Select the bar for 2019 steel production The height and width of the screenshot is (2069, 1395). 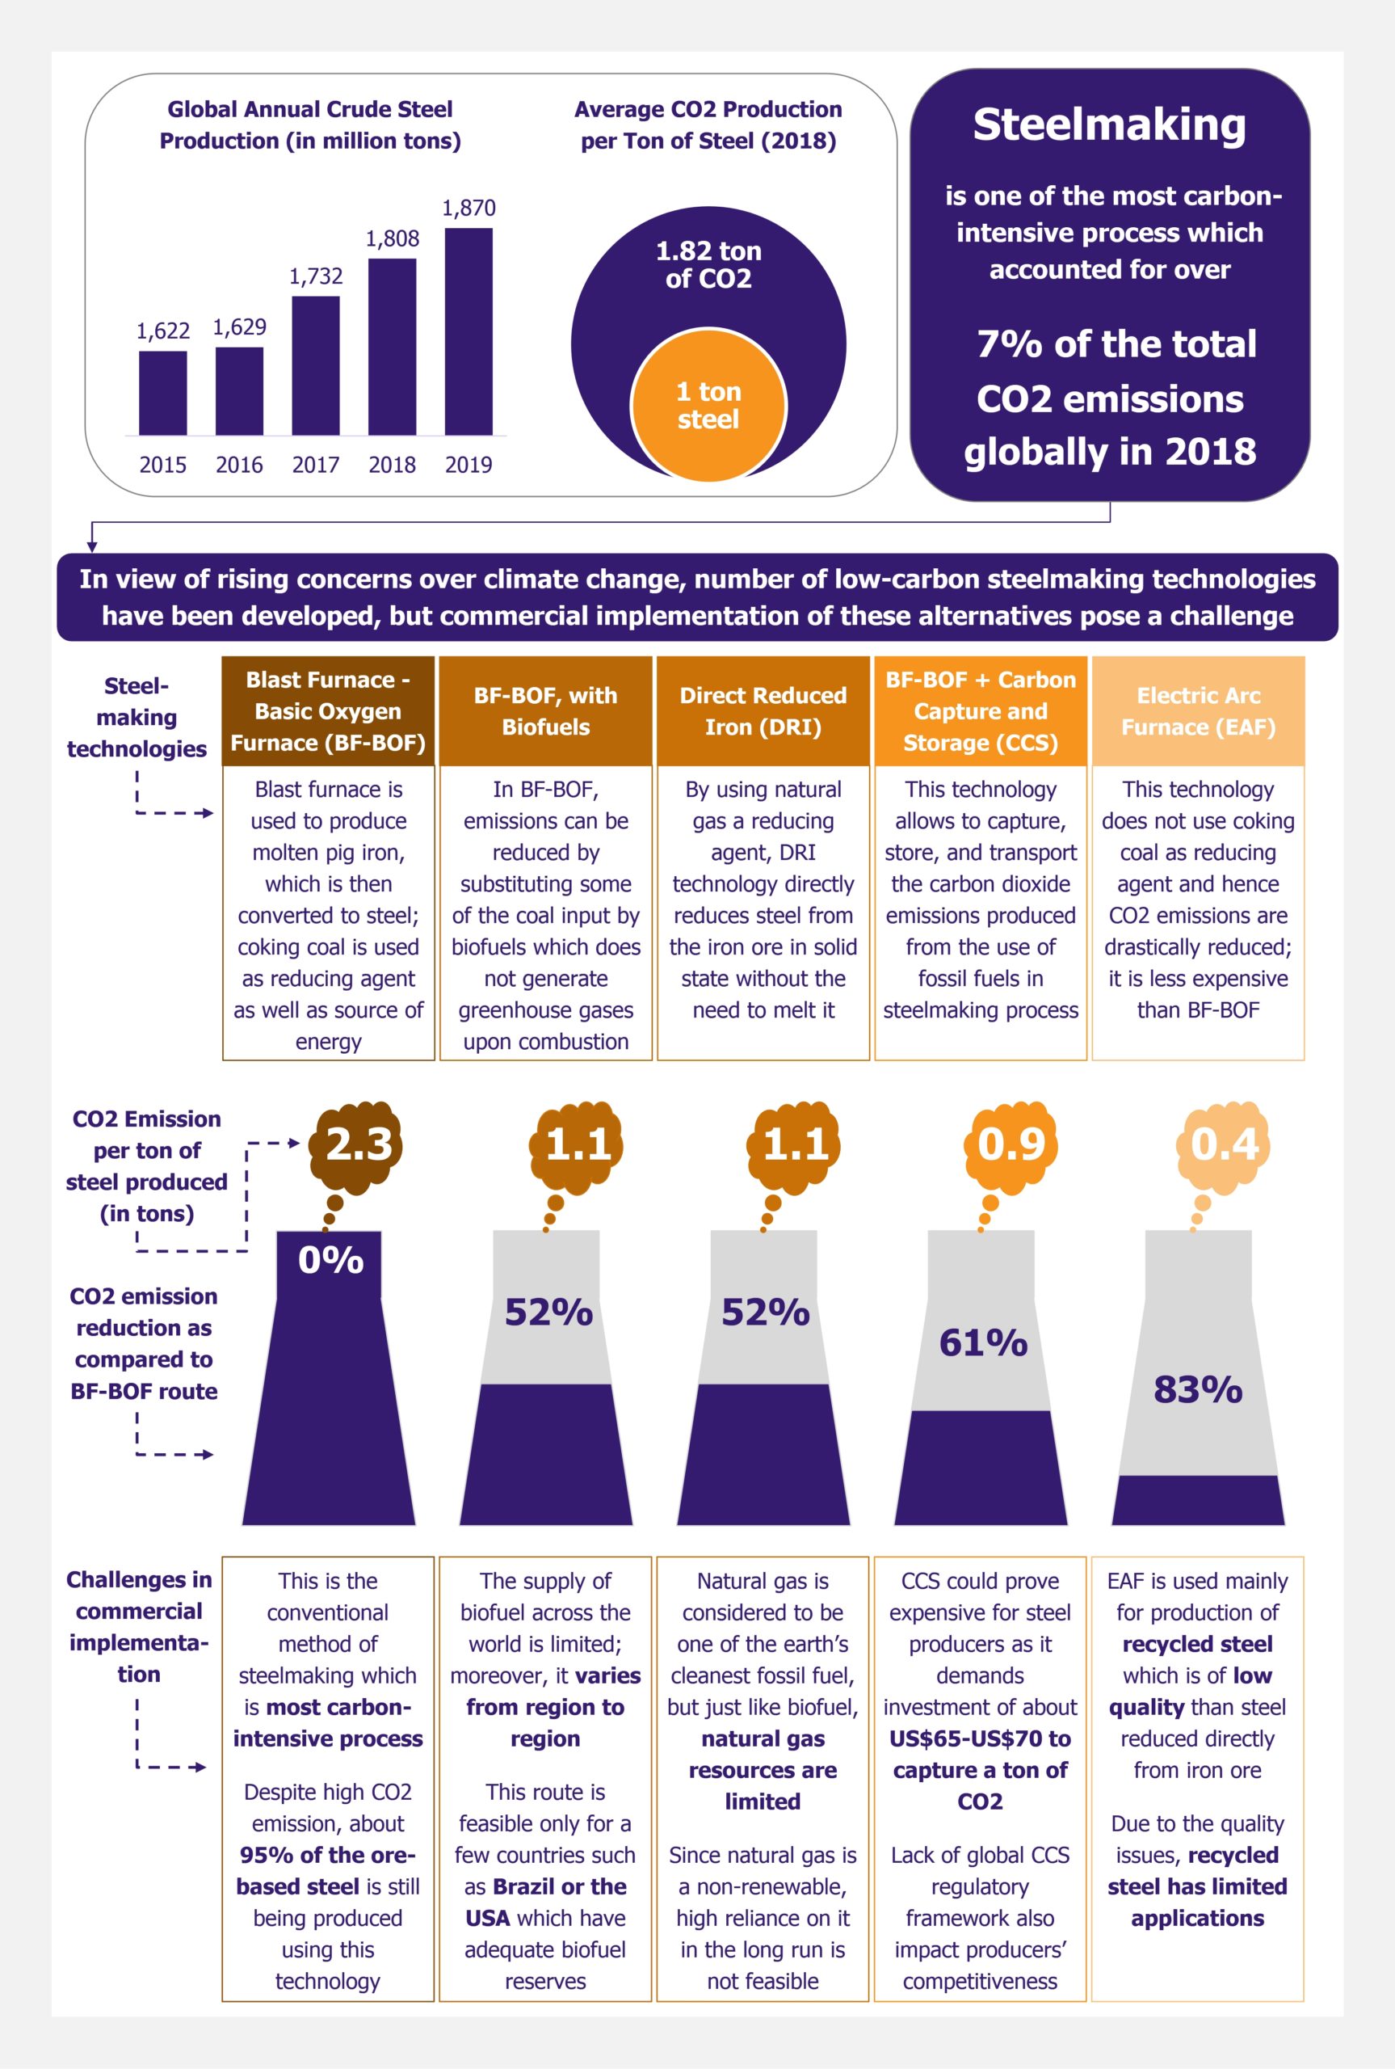click(x=468, y=331)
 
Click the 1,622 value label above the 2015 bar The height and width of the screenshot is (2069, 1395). click(x=163, y=331)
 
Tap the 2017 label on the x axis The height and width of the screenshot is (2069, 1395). click(x=315, y=465)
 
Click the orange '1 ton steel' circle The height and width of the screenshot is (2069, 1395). click(x=708, y=406)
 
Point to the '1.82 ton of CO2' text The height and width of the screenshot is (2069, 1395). click(x=708, y=264)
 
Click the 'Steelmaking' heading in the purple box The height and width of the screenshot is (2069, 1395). click(x=1108, y=124)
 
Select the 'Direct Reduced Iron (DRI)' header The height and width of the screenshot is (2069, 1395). click(x=763, y=711)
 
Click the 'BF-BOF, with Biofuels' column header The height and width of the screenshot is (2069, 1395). click(x=545, y=711)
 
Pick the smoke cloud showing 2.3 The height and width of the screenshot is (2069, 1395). click(x=357, y=1144)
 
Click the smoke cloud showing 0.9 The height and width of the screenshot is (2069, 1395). click(x=1011, y=1144)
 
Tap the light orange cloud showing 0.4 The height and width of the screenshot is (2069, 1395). click(x=1225, y=1144)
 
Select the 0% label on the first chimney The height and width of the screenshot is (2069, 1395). click(x=330, y=1260)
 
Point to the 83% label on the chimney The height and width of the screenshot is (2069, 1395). click(x=1197, y=1389)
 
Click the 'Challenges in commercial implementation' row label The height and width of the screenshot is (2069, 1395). click(x=139, y=1627)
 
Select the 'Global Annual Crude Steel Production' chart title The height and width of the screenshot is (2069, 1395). click(x=309, y=124)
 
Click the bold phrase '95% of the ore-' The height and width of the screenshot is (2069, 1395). click(x=326, y=1856)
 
